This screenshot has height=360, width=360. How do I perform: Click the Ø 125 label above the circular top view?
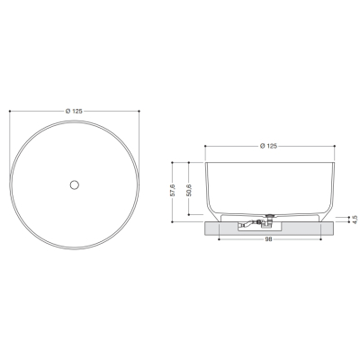pos(74,111)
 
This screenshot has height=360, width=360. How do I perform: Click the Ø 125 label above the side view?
pos(268,146)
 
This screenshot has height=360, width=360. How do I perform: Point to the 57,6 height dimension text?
pos(173,191)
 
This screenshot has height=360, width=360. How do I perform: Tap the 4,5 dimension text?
pos(354,220)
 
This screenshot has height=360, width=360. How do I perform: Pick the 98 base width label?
pos(269,239)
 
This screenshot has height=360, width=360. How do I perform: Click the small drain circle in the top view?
pos(75,184)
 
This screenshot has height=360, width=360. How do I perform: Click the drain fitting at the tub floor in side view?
pos(271,215)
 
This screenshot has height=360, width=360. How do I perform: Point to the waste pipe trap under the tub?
pos(255,223)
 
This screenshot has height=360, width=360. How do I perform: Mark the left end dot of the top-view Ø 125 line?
pos(10,111)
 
